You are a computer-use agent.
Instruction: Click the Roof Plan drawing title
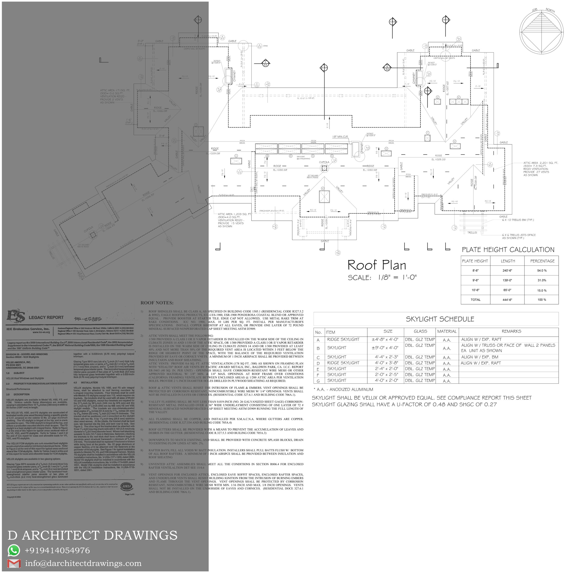click(x=377, y=265)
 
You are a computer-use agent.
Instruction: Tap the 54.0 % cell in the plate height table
click(x=542, y=270)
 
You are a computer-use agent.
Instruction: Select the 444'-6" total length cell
click(x=507, y=299)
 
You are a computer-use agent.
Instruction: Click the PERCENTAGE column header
click(x=542, y=261)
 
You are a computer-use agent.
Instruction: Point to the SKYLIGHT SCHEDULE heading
click(x=440, y=319)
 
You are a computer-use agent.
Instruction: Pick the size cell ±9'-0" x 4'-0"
click(x=385, y=348)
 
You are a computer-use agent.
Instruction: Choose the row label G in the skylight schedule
click(x=318, y=381)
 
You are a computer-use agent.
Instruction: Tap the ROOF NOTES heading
click(x=157, y=303)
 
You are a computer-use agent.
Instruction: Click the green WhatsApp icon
click(x=14, y=550)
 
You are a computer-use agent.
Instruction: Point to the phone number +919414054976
click(x=57, y=550)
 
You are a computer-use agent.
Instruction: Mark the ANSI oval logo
click(x=127, y=486)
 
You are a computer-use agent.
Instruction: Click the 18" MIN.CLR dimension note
click(x=340, y=137)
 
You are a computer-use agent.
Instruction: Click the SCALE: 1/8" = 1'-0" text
click(x=382, y=278)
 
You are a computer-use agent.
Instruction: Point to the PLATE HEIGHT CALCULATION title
click(x=508, y=250)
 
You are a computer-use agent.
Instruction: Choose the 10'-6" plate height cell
click(x=475, y=290)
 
